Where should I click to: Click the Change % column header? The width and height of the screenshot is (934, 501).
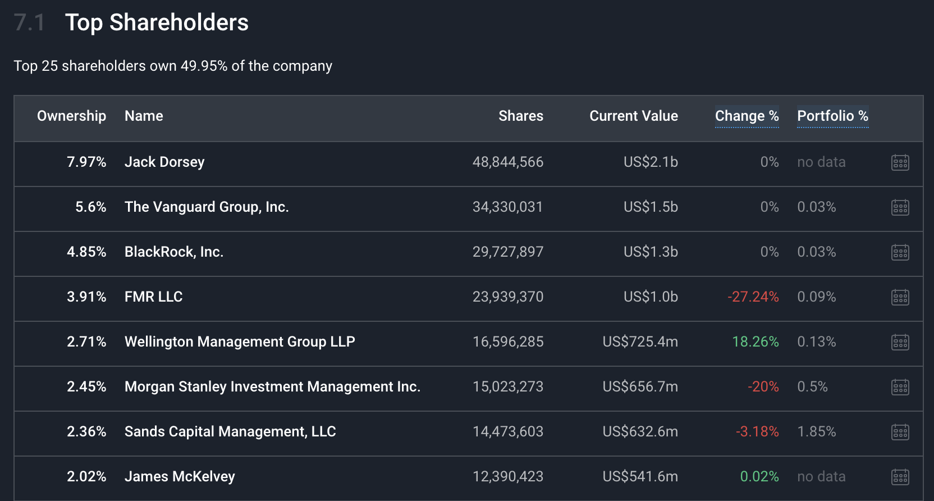pyautogui.click(x=747, y=116)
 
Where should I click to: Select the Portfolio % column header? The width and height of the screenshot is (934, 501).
pyautogui.click(x=832, y=116)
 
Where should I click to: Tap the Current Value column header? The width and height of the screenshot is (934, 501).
pyautogui.click(x=633, y=116)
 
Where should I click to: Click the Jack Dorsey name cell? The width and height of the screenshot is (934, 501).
pyautogui.click(x=164, y=162)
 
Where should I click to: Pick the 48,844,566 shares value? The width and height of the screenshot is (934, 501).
pyautogui.click(x=507, y=162)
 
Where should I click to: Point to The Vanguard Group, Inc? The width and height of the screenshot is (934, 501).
pyautogui.click(x=207, y=207)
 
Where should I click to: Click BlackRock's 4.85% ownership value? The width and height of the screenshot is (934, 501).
pyautogui.click(x=86, y=252)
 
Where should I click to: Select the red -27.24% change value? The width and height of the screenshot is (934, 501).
pyautogui.click(x=753, y=297)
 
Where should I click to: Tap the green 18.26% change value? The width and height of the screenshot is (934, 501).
pyautogui.click(x=755, y=341)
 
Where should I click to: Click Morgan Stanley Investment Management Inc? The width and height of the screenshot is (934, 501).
pyautogui.click(x=272, y=386)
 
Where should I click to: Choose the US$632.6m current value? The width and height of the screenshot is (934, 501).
pyautogui.click(x=640, y=431)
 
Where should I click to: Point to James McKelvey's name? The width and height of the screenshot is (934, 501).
pyautogui.click(x=180, y=476)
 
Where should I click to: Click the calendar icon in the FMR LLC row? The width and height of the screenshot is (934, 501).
pyautogui.click(x=900, y=297)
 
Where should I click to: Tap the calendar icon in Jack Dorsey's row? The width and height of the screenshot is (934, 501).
pyautogui.click(x=900, y=162)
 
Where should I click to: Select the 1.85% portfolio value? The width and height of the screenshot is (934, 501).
pyautogui.click(x=816, y=431)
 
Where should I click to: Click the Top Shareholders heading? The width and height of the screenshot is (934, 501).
pyautogui.click(x=157, y=22)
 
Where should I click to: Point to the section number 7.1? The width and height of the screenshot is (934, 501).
pyautogui.click(x=29, y=22)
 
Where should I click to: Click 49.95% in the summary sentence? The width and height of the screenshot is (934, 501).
pyautogui.click(x=204, y=66)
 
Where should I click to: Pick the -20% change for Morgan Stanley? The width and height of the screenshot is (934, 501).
pyautogui.click(x=763, y=386)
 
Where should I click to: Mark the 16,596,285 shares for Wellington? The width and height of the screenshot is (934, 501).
pyautogui.click(x=507, y=341)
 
